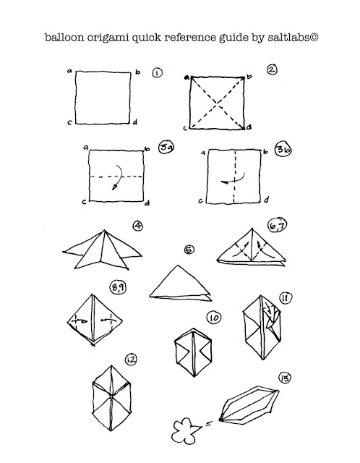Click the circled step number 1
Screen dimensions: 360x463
click(x=158, y=72)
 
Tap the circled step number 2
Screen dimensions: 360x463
click(x=272, y=69)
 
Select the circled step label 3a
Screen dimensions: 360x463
click(x=166, y=147)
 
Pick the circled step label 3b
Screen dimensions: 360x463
click(x=283, y=150)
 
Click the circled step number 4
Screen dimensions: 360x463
click(x=138, y=226)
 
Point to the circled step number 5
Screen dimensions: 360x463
click(x=189, y=250)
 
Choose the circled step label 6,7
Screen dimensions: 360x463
click(x=278, y=226)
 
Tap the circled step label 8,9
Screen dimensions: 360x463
click(x=118, y=288)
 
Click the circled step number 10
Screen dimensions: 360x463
click(x=214, y=318)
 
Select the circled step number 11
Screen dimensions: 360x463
click(x=285, y=297)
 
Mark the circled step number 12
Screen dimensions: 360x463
click(x=131, y=360)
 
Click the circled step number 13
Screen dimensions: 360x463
click(x=285, y=378)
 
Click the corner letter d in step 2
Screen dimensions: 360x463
click(x=249, y=127)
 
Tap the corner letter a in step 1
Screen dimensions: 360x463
click(x=69, y=71)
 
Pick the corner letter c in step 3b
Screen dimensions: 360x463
click(x=201, y=201)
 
